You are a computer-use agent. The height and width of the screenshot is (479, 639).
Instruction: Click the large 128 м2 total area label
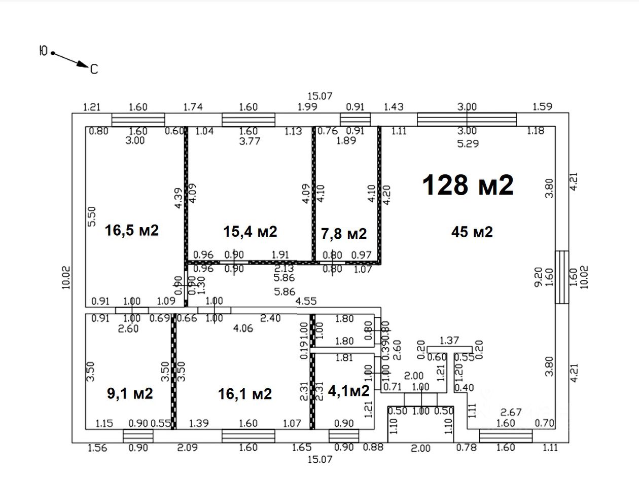(x=468, y=185)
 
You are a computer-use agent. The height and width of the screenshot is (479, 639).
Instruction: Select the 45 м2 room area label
(x=472, y=232)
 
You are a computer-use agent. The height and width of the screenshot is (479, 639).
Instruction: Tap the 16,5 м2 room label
(x=132, y=230)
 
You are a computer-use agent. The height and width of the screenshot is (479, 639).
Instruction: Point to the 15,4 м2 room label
(x=250, y=231)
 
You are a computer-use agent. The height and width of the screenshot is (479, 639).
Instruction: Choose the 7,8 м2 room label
(x=344, y=234)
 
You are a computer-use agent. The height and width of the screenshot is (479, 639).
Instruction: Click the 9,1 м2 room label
(x=130, y=393)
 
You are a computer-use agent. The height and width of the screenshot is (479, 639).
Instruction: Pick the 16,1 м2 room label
(x=245, y=393)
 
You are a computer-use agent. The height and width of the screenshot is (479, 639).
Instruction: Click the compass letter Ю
(x=43, y=51)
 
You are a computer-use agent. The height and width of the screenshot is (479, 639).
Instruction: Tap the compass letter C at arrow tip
(x=94, y=69)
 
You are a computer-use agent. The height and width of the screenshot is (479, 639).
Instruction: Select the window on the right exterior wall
(x=561, y=277)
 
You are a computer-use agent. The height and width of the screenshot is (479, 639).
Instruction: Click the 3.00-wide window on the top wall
(x=467, y=120)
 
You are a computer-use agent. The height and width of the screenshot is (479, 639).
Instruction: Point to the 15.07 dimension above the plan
(x=319, y=96)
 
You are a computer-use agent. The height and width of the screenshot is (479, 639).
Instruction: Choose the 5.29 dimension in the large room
(x=468, y=143)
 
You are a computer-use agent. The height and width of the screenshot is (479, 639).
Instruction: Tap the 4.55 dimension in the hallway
(x=306, y=301)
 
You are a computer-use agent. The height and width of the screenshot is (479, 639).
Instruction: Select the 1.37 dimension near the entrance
(x=449, y=340)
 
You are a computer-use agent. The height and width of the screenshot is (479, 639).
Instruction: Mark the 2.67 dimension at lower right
(x=512, y=412)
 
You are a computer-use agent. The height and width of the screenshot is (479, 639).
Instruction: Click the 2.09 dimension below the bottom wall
(x=187, y=448)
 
